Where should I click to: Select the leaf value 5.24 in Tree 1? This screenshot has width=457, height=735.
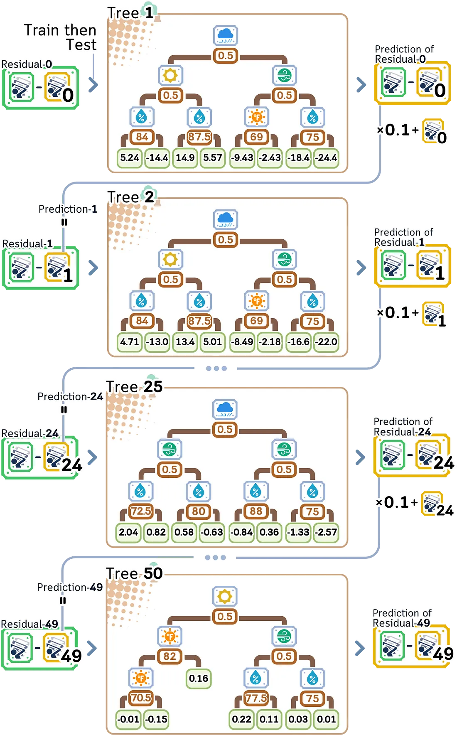130,158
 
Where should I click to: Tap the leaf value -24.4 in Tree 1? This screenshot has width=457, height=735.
326,158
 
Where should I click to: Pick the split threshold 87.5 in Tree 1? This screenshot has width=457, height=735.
199,137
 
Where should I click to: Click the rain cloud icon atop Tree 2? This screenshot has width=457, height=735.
225,219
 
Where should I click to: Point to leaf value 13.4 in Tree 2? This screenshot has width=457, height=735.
185,342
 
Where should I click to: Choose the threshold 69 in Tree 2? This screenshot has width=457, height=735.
256,321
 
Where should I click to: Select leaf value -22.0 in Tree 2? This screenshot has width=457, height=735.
326,342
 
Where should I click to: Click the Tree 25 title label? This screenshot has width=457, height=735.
134,387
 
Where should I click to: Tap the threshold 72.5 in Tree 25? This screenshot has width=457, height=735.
141,511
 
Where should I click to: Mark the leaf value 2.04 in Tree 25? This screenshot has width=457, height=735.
128,532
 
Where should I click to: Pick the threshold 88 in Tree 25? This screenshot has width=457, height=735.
256,511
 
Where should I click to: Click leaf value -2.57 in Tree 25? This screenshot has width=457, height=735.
326,532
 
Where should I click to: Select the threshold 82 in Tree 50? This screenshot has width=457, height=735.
170,656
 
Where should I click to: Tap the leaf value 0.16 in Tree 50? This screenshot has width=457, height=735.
199,678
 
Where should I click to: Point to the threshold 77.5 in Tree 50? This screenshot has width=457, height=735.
256,698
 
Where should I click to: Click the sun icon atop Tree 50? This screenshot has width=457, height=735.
225,596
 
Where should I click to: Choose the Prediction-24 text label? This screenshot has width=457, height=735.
70,397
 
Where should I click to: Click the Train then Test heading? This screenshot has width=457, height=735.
60,37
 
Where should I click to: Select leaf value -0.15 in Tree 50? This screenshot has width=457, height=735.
156,719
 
